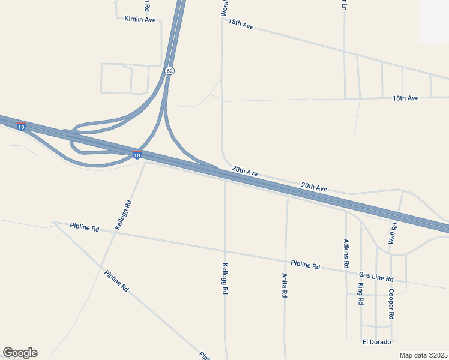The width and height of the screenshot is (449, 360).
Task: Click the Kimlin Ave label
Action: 140,20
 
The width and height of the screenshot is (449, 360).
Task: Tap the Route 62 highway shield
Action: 170,71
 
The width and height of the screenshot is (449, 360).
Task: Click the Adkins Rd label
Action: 346,253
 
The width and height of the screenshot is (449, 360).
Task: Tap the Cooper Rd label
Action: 391,304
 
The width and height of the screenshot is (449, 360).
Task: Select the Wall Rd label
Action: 394,233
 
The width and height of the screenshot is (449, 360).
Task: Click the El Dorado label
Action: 376,342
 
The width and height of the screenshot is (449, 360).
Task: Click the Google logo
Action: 20,353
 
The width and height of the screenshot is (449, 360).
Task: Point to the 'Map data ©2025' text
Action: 423,355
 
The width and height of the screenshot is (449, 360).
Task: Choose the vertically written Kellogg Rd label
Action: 224,278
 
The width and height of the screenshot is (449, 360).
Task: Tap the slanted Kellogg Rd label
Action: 123,215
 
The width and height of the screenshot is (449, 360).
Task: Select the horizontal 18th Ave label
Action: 405,98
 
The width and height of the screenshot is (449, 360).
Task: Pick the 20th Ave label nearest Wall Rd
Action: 314,188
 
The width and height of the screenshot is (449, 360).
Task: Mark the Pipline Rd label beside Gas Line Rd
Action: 306,265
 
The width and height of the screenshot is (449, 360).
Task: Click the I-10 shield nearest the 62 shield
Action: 137,155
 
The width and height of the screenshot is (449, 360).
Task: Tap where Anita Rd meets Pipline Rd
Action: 286,261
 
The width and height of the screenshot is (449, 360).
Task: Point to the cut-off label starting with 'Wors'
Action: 224,8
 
